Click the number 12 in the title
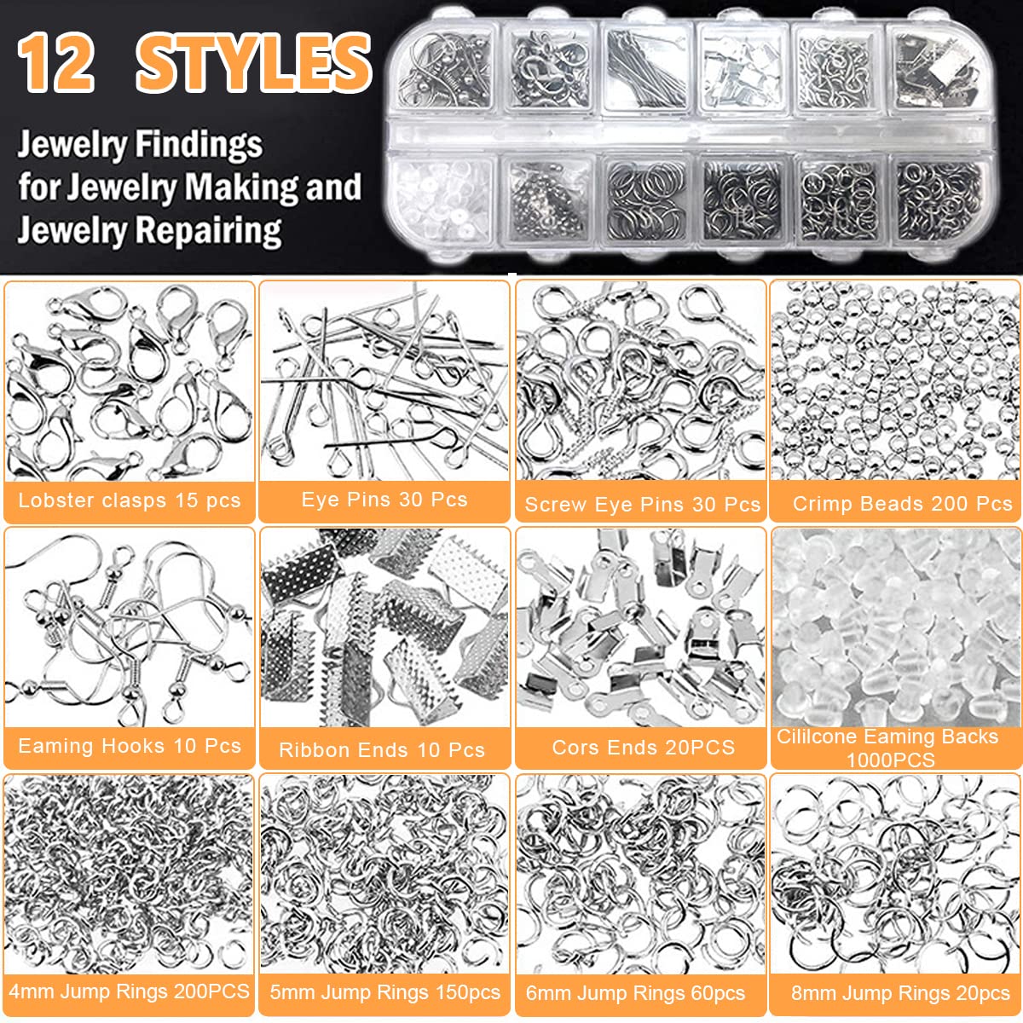[x=56, y=64]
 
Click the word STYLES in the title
[x=254, y=64]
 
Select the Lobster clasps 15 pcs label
[x=130, y=500]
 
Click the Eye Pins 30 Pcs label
[x=384, y=500]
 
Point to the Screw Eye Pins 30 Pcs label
[x=642, y=505]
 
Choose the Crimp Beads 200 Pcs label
[x=902, y=504]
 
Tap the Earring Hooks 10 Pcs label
[x=130, y=746]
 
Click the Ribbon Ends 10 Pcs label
[x=382, y=750]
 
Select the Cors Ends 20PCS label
[x=643, y=748]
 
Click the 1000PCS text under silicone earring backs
[x=890, y=760]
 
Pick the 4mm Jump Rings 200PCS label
[x=130, y=991]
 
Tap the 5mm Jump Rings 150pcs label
[x=385, y=992]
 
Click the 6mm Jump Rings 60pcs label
[x=635, y=993]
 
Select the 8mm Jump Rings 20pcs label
[x=900, y=993]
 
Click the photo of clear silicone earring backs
[x=895, y=627]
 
